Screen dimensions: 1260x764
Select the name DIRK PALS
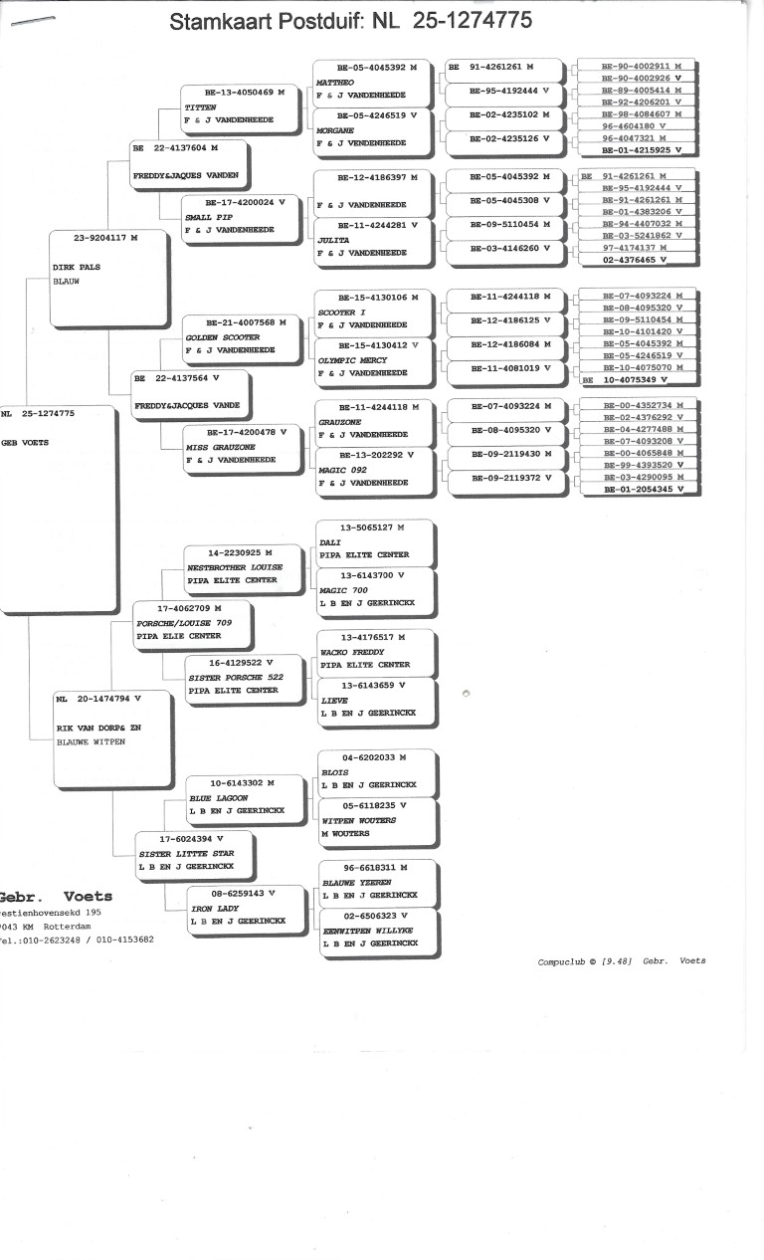click(77, 268)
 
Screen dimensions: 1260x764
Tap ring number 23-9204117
click(105, 238)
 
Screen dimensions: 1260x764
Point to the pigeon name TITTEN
click(201, 106)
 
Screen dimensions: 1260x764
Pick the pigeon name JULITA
click(331, 240)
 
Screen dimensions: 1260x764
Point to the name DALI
click(329, 542)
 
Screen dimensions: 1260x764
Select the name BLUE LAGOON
click(218, 798)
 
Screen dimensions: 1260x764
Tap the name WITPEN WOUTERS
click(358, 821)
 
